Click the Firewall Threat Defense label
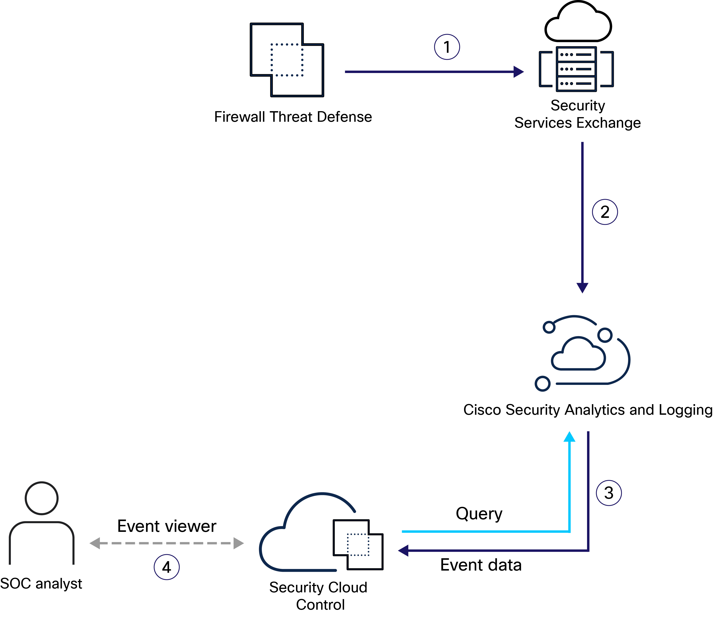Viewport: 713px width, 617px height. [x=293, y=117]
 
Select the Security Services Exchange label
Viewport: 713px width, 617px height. [x=577, y=114]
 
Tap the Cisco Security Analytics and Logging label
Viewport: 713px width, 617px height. [x=587, y=410]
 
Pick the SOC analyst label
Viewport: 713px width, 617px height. [x=41, y=583]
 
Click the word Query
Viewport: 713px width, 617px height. [x=479, y=513]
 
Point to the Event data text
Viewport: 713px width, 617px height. [x=481, y=565]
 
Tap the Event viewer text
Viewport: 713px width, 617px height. [x=167, y=526]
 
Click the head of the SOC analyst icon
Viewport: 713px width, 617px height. [x=42, y=498]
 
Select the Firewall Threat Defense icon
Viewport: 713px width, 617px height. [x=287, y=60]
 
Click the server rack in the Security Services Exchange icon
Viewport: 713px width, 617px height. [x=576, y=69]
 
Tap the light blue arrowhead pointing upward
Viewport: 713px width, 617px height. [x=570, y=437]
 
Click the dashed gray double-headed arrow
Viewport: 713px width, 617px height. [x=167, y=543]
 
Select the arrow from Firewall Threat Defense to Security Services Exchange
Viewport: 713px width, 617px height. [x=434, y=72]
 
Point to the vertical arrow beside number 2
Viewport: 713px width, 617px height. [x=582, y=217]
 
